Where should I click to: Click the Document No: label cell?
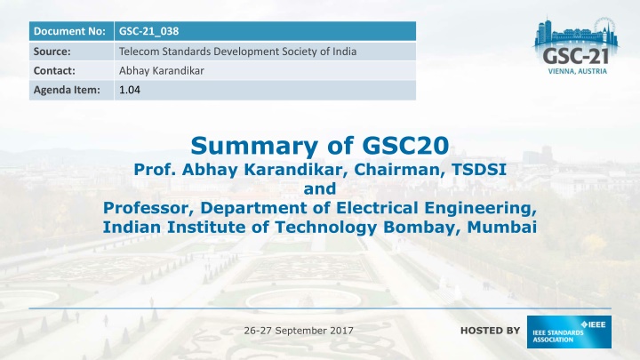[71, 31]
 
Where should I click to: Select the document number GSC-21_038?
[149, 31]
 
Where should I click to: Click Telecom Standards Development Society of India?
[237, 52]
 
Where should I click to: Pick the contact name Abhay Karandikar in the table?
[161, 70]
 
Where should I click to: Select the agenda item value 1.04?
[130, 90]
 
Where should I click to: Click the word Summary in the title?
[254, 145]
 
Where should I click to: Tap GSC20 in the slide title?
[405, 145]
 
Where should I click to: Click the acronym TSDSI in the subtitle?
[479, 169]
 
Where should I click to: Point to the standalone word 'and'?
[320, 188]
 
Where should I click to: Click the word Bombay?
[422, 227]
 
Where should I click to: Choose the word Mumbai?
[501, 227]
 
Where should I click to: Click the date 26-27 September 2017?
[299, 330]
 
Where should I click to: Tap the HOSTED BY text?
[490, 331]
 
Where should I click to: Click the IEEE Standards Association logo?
[569, 332]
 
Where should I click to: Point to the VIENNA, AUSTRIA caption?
[577, 71]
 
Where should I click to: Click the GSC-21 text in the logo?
[575, 56]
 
